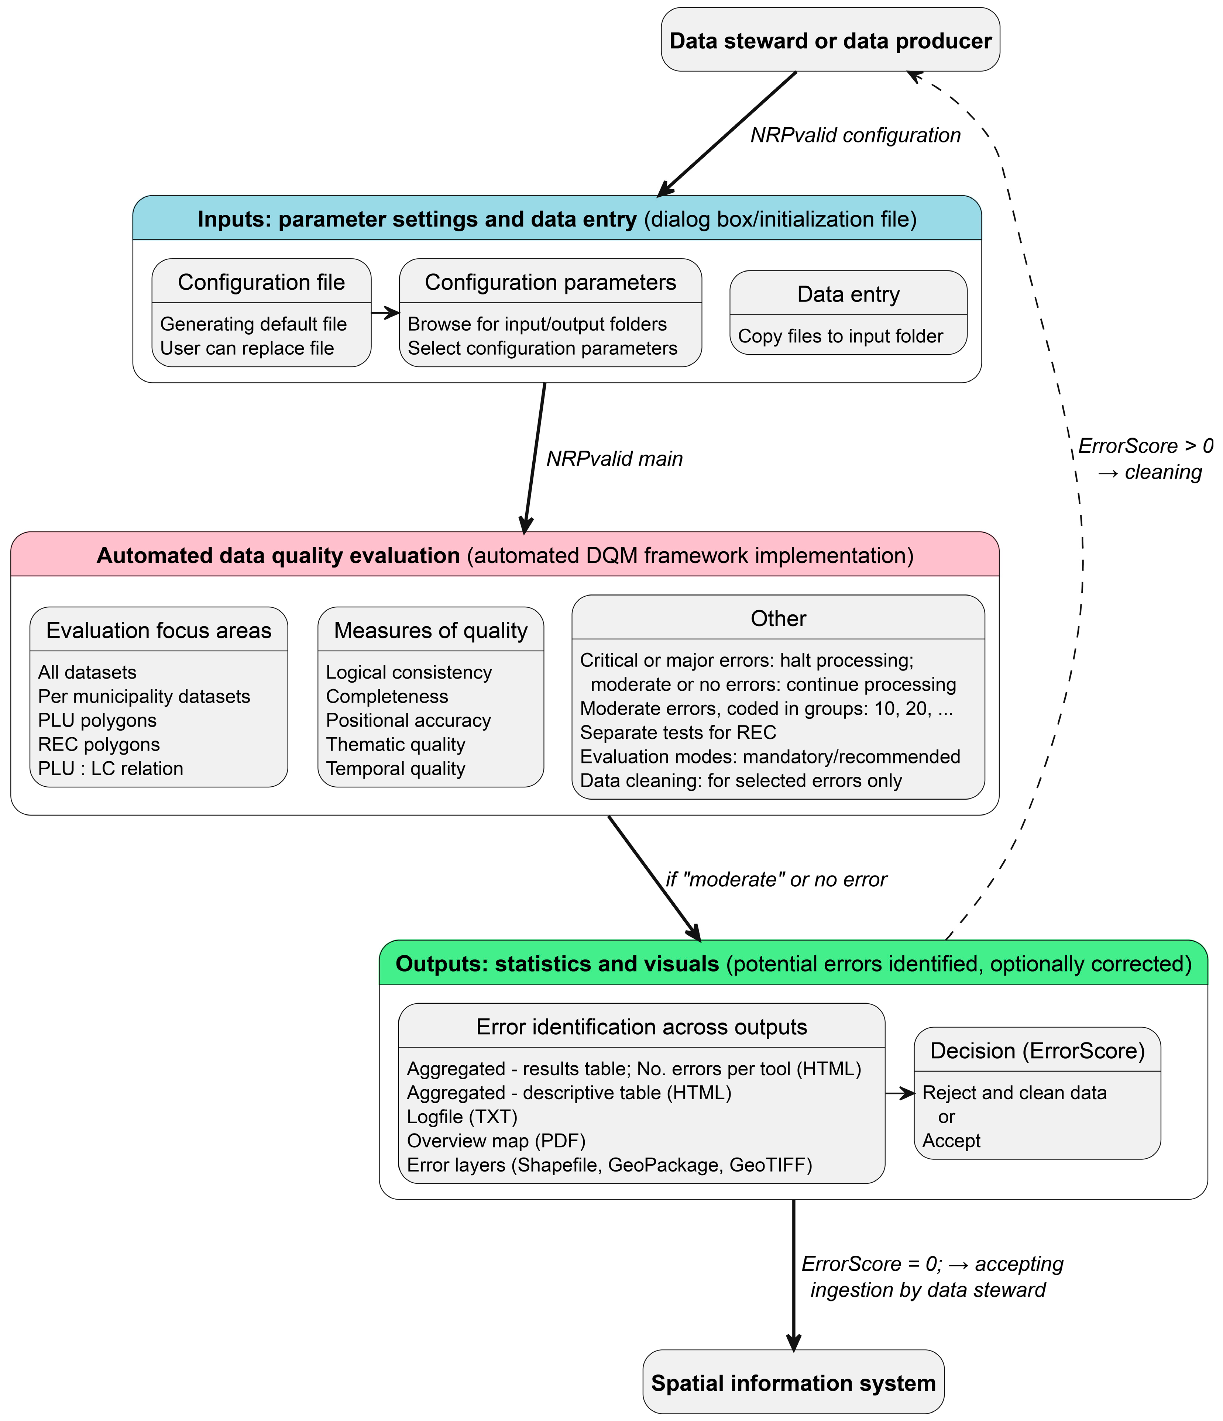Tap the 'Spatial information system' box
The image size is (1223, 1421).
pyautogui.click(x=793, y=1383)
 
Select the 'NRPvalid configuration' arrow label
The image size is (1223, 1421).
pyautogui.click(x=855, y=135)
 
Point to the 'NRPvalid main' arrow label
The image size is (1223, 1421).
pyautogui.click(x=615, y=458)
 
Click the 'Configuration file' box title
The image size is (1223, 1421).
pyautogui.click(x=261, y=282)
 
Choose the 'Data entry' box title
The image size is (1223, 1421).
pyautogui.click(x=848, y=293)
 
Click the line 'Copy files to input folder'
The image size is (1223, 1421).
pyautogui.click(x=840, y=336)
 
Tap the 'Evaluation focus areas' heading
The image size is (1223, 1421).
pyautogui.click(x=158, y=630)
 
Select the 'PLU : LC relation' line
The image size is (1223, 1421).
pyautogui.click(x=110, y=768)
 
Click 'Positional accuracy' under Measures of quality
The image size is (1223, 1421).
pyautogui.click(x=408, y=720)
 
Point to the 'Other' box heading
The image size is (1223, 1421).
pyautogui.click(x=778, y=618)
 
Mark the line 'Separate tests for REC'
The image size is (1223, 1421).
pyautogui.click(x=678, y=732)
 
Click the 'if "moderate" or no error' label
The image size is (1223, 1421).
pyautogui.click(x=776, y=879)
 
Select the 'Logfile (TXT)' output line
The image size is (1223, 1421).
pyautogui.click(x=462, y=1117)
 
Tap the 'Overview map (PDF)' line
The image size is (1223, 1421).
pyautogui.click(x=496, y=1141)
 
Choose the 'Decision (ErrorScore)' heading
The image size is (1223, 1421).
pyautogui.click(x=1037, y=1051)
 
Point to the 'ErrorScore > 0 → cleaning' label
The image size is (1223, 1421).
pyautogui.click(x=1145, y=459)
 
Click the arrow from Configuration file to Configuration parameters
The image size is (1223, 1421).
pyautogui.click(x=385, y=313)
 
